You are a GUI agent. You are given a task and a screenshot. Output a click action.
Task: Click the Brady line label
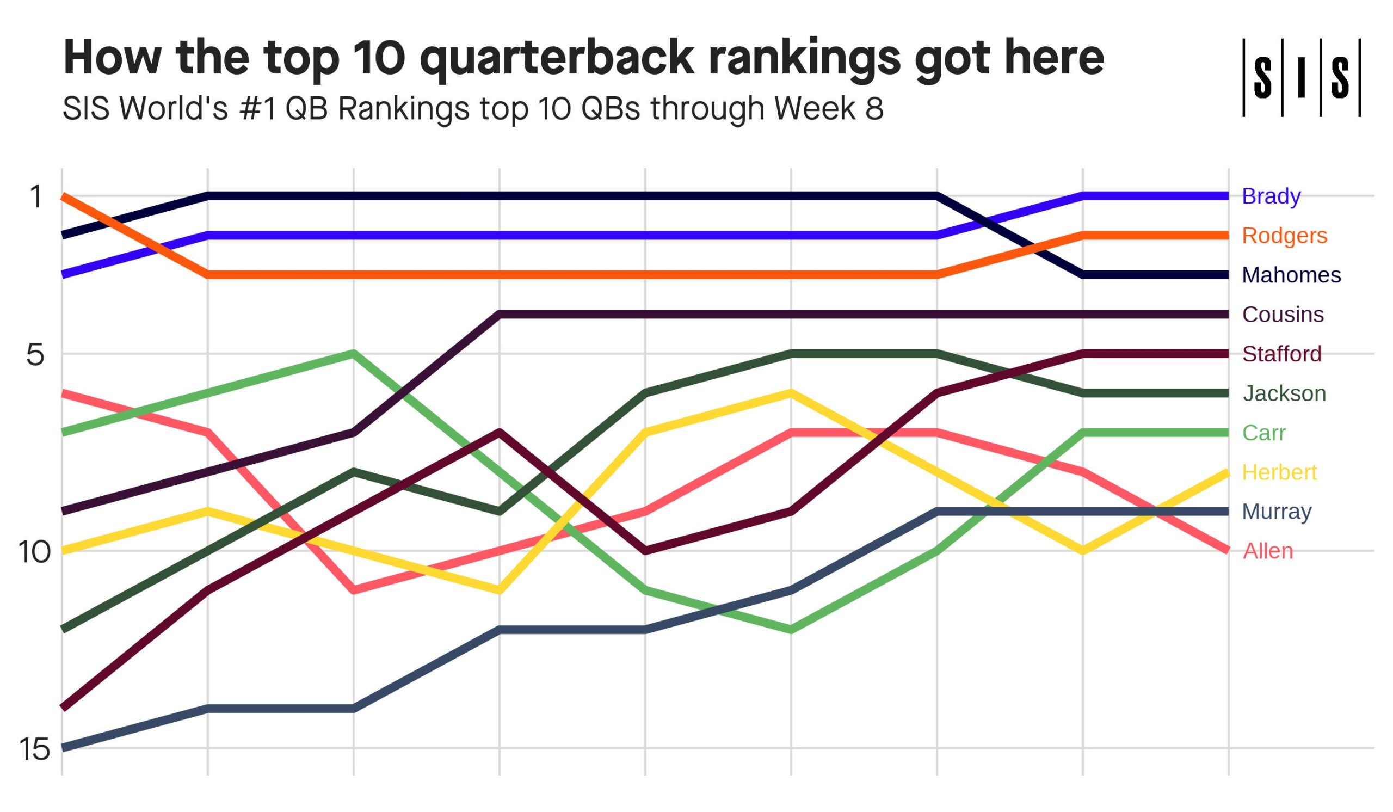1271,196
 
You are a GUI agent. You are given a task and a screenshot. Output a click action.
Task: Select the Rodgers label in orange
1284,236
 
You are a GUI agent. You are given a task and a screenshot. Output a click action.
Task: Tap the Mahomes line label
1291,275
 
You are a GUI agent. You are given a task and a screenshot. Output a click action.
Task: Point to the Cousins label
1283,315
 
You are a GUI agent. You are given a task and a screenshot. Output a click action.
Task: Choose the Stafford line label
1281,354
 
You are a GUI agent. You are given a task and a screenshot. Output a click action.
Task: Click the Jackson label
1284,393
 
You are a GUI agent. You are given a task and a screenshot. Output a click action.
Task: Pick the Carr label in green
1263,433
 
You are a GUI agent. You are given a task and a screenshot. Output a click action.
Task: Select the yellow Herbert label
1279,472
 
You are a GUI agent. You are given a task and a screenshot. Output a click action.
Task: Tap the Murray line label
1277,512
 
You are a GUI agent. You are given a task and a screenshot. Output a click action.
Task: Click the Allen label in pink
1267,551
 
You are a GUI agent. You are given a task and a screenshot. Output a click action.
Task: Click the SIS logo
1301,77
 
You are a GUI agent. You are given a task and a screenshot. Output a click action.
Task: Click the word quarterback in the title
556,58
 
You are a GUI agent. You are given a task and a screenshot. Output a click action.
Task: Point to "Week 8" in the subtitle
829,108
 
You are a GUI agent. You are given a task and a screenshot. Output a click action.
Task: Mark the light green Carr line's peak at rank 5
354,353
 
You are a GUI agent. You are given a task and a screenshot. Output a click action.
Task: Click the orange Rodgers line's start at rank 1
63,196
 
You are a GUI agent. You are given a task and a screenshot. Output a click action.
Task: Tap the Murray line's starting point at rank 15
63,748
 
